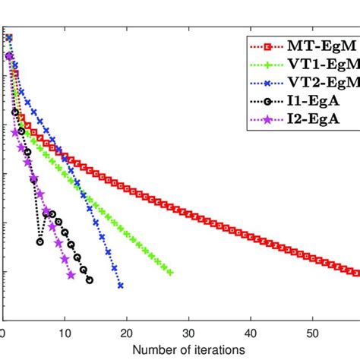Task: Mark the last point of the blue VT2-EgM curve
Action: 121,286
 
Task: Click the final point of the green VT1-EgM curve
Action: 170,273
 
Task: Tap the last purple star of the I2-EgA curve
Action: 71,275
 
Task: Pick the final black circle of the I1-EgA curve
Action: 90,280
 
